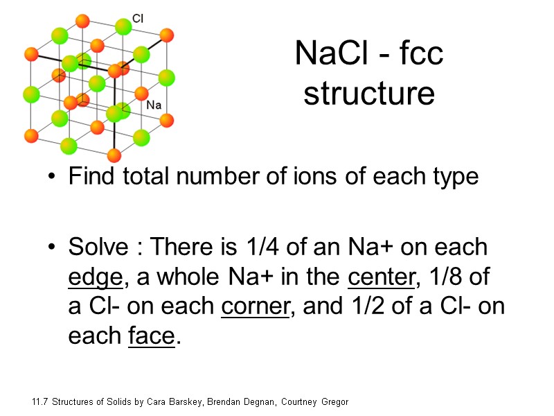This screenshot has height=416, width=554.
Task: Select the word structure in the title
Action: (x=369, y=94)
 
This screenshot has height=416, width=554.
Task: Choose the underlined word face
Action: (x=151, y=337)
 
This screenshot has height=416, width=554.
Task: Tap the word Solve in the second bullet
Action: (x=99, y=248)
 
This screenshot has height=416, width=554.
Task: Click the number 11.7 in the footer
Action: (x=40, y=402)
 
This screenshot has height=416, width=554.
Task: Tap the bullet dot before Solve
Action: (x=51, y=248)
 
